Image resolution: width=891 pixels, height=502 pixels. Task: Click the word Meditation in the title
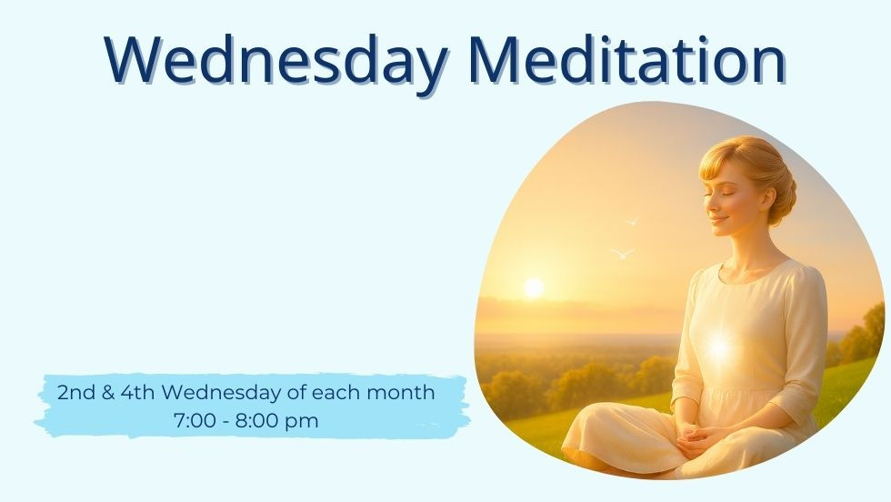(626, 60)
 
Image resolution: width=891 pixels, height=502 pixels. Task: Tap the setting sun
(534, 287)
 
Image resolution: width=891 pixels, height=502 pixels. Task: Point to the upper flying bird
(631, 219)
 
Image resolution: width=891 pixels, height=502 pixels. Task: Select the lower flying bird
(622, 253)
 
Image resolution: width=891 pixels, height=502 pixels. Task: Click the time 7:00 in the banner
(192, 421)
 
